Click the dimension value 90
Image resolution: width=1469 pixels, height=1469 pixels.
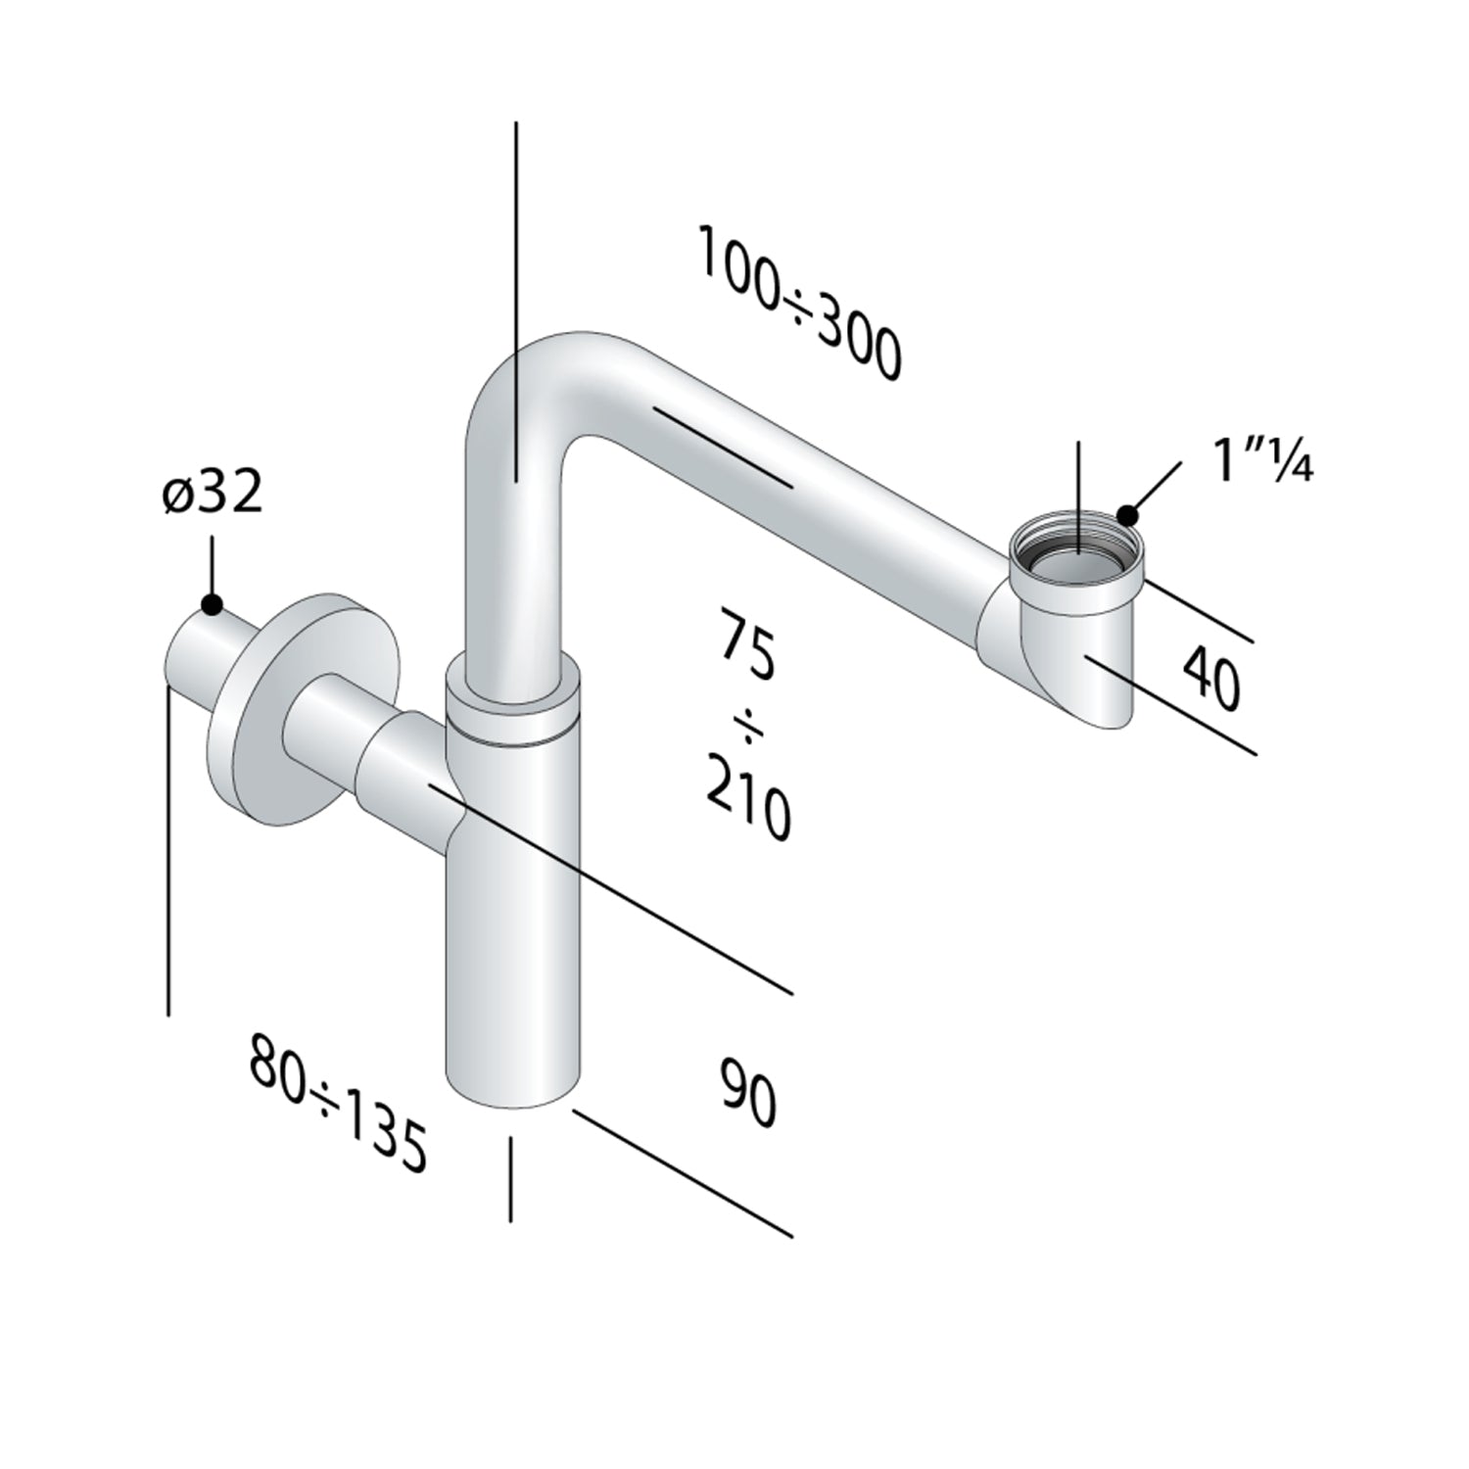[x=749, y=1089]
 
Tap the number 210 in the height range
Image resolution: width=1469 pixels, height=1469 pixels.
[x=748, y=800]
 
